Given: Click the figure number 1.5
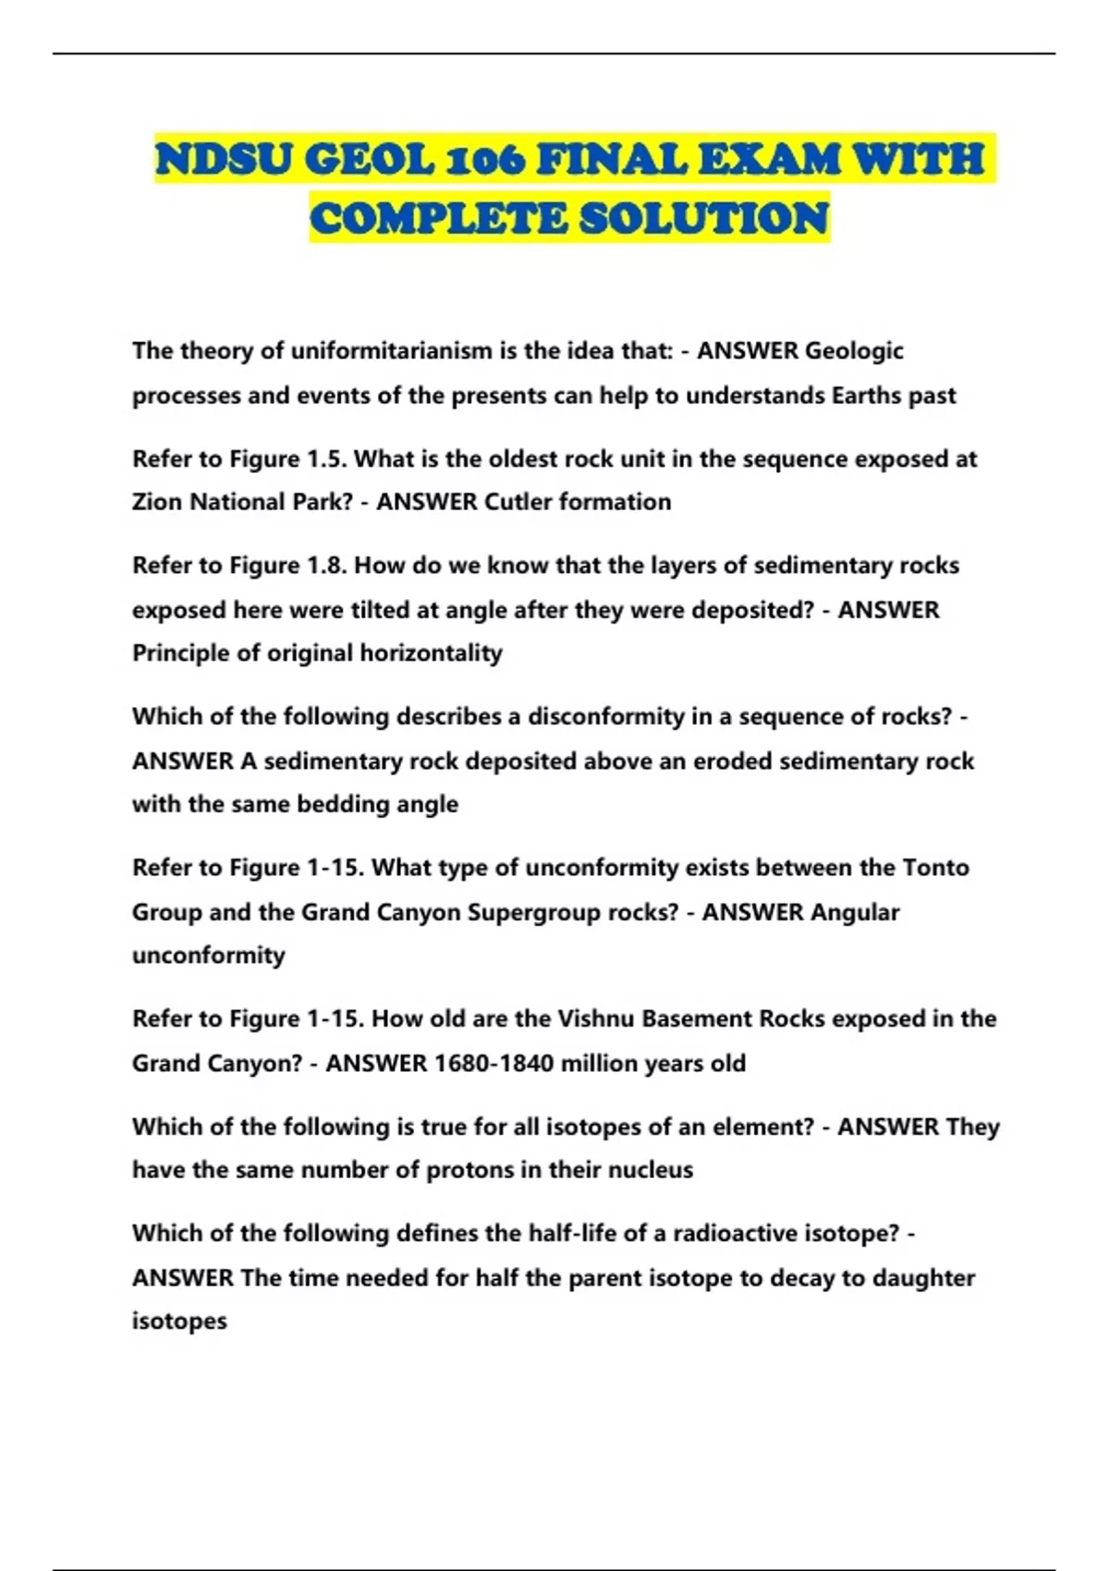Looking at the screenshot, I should tap(324, 459).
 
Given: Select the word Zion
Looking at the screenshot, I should tap(157, 502).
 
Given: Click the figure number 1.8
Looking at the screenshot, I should tap(324, 566).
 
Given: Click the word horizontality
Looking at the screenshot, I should tap(431, 653).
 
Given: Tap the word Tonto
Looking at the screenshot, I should tap(935, 868).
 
